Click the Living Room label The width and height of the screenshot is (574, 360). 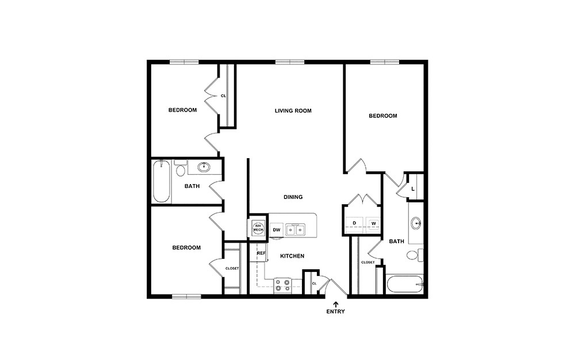[x=293, y=110]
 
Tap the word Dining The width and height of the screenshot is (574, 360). [x=293, y=197]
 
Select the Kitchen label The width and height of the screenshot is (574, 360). [x=292, y=256]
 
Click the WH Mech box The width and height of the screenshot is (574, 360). [x=258, y=227]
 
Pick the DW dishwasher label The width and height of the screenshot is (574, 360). [x=276, y=230]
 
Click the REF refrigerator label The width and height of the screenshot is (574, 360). [x=261, y=253]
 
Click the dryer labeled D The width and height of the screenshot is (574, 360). [x=354, y=223]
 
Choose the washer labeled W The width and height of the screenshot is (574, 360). [x=373, y=223]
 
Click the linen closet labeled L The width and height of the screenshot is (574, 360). [x=414, y=189]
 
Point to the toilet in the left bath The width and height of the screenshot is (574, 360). [x=180, y=170]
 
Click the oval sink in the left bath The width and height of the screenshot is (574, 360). [x=204, y=167]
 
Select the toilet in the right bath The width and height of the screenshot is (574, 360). [x=414, y=255]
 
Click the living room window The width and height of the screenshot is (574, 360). [x=289, y=62]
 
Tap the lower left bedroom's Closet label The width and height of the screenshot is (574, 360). [x=232, y=269]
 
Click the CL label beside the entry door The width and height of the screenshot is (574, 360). [x=314, y=284]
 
